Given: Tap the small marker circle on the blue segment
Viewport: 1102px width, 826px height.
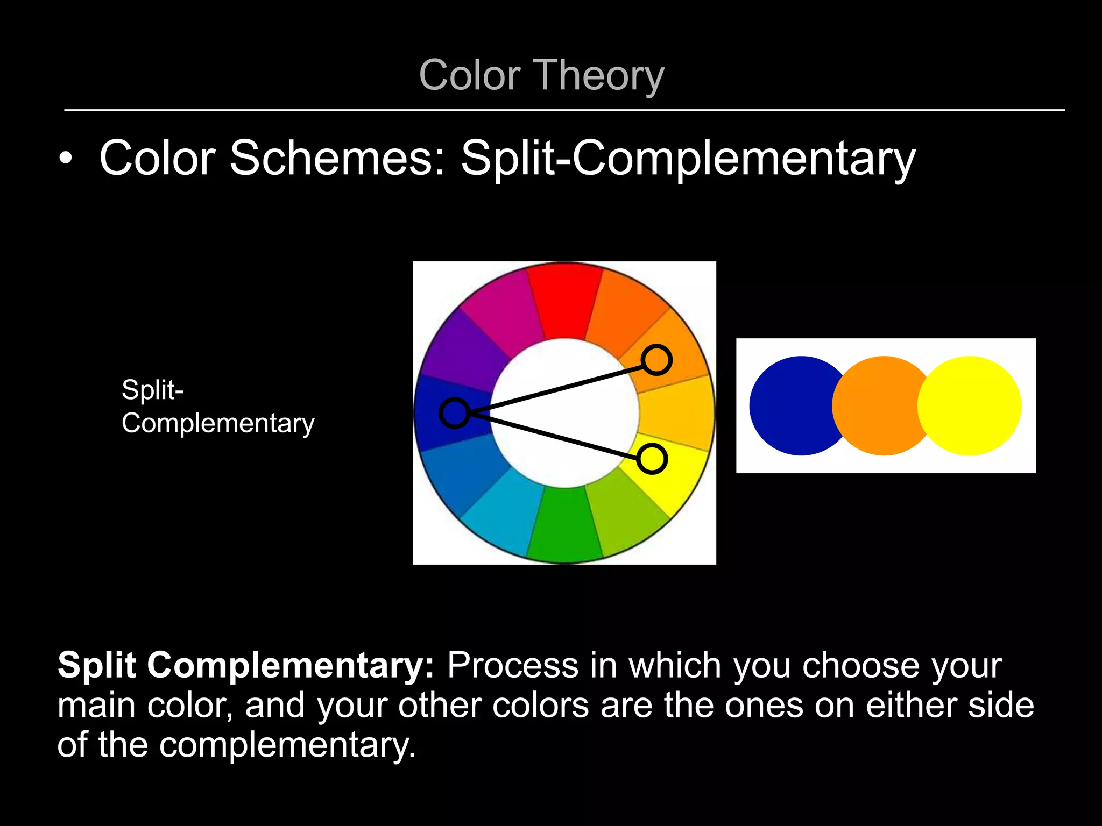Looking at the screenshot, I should (455, 413).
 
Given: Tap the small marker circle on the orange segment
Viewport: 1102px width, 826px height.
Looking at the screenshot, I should (656, 360).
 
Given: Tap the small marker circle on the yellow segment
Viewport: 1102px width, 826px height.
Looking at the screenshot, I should (652, 459).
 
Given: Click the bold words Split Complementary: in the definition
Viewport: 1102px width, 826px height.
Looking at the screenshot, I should (245, 666).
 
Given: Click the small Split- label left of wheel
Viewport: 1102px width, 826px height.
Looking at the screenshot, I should (153, 390).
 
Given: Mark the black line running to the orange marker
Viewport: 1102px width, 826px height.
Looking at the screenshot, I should (554, 387).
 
